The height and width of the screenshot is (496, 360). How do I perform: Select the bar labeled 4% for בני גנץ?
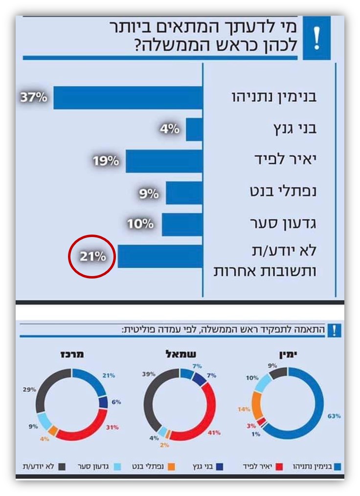click(x=194, y=129)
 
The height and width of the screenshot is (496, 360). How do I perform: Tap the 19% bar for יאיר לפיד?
click(x=164, y=161)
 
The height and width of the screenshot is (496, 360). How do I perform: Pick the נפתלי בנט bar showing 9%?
click(x=184, y=193)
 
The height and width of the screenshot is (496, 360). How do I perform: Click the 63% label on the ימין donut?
click(x=335, y=416)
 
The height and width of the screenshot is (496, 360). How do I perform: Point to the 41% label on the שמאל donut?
click(x=214, y=432)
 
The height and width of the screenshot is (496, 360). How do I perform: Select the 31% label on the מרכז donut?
click(x=112, y=427)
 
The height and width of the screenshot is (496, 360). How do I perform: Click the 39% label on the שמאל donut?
click(x=149, y=374)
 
